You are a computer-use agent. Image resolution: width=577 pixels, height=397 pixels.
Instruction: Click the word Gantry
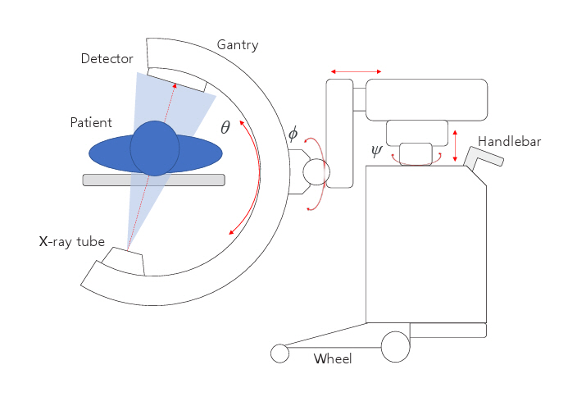[x=237, y=45]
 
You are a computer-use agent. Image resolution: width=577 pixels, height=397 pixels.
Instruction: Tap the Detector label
[x=108, y=58]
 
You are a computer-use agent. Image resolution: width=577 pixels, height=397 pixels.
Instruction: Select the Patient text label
[x=91, y=122]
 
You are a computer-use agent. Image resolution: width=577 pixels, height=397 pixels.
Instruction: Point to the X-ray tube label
[x=72, y=242]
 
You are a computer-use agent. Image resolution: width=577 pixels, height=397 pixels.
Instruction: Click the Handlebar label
[x=509, y=141]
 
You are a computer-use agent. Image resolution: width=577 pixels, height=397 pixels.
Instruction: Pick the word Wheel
[x=333, y=358]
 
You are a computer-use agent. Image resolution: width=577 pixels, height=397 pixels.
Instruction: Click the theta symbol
[x=225, y=127]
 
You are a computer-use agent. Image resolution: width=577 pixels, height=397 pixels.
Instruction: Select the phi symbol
[x=293, y=135]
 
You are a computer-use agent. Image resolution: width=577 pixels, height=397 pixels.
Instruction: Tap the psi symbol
[x=376, y=152]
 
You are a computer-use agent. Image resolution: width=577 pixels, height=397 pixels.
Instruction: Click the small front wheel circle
[x=280, y=353]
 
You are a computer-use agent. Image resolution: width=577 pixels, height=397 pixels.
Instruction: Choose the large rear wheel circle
[x=395, y=346]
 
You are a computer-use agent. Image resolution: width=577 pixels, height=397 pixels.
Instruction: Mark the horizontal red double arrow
[x=356, y=71]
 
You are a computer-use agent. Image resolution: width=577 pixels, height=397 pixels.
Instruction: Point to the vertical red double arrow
[x=456, y=145]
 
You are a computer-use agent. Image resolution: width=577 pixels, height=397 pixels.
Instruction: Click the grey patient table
[x=154, y=180]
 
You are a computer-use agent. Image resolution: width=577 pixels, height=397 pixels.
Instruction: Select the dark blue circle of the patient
[x=154, y=148]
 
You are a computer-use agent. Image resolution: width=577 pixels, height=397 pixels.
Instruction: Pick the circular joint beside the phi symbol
[x=316, y=172]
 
